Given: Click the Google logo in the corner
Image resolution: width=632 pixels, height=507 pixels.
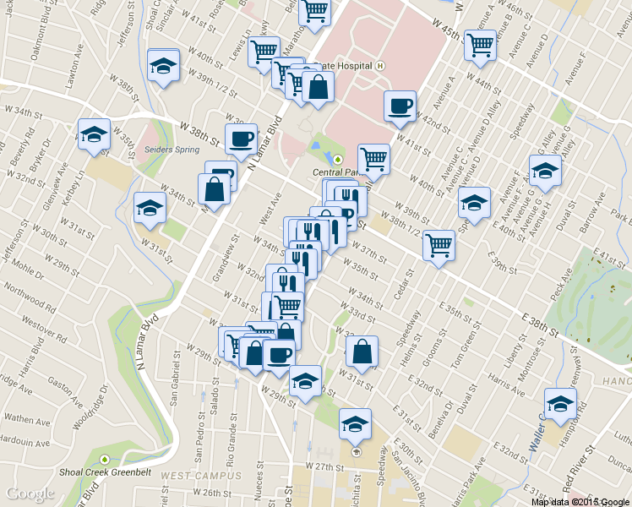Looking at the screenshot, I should (x=30, y=494).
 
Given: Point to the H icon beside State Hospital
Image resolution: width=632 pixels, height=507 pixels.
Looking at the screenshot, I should (x=381, y=65).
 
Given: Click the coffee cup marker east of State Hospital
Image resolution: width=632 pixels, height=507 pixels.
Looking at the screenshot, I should (x=400, y=106).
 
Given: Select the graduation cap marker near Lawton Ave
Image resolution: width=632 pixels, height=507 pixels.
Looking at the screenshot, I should (x=163, y=66).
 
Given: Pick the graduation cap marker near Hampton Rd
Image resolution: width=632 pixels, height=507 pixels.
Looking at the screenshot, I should (x=560, y=404).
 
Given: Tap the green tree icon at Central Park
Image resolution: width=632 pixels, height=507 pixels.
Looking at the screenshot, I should (x=339, y=158).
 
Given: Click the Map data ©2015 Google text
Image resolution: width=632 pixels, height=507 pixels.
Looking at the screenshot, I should (x=580, y=501).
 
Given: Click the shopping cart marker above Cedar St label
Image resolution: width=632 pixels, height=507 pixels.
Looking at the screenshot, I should (x=439, y=246).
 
